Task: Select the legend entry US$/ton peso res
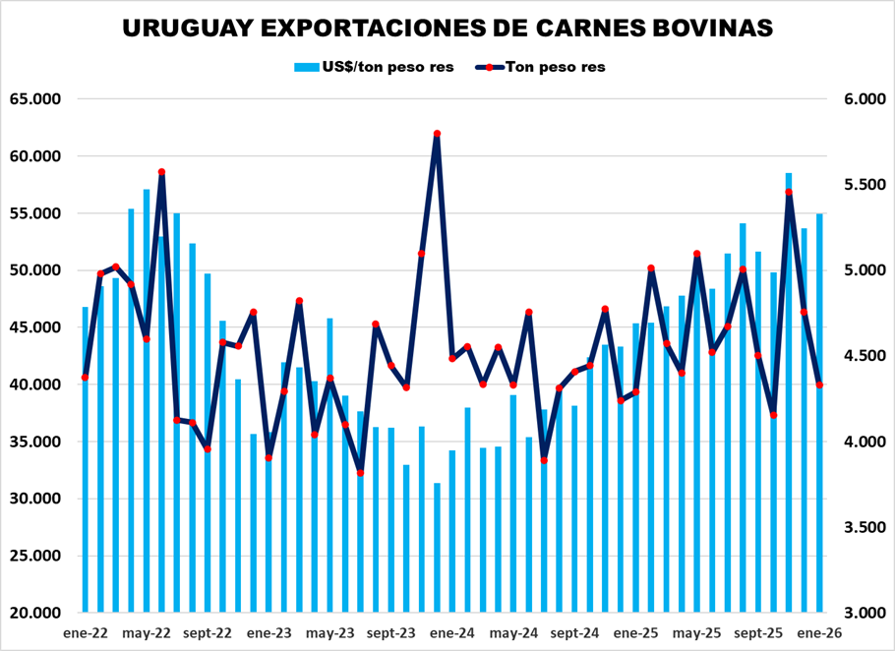(374, 67)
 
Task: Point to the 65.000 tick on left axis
(35, 99)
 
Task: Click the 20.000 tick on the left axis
(35, 613)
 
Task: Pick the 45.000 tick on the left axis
(35, 327)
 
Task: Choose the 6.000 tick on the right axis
(856, 99)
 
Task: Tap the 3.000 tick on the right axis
(856, 613)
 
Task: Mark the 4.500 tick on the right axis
(856, 356)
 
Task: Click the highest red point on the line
(437, 134)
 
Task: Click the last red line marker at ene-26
(819, 385)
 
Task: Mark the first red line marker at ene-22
(86, 378)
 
